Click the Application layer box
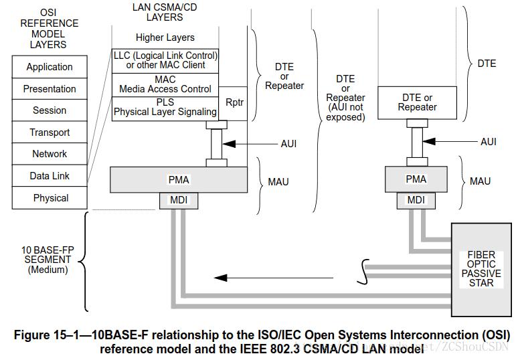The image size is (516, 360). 50,67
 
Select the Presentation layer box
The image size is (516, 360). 50,89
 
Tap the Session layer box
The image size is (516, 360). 50,110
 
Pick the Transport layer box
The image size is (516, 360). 50,132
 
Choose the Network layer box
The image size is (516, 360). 50,154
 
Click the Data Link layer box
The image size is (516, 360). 50,176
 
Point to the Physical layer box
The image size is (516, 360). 50,198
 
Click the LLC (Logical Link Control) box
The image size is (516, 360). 165,60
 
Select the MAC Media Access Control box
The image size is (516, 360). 165,84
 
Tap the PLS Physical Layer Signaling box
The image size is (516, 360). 165,107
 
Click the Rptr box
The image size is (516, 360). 234,103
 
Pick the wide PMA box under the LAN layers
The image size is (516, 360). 179,179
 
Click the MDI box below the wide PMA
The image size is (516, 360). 179,199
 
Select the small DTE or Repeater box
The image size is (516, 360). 417,102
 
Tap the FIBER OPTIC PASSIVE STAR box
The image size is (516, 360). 481,269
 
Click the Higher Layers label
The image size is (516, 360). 165,37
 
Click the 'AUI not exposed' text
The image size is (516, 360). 345,112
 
